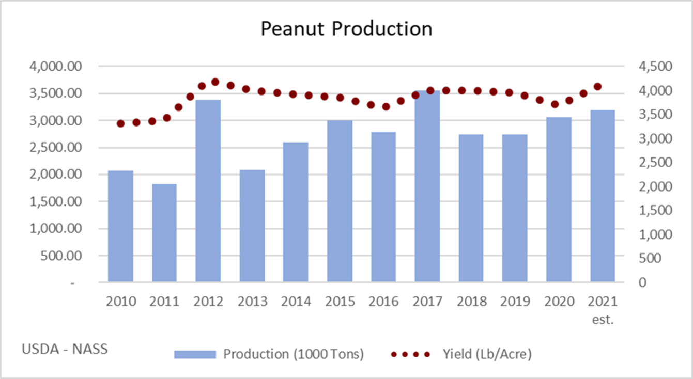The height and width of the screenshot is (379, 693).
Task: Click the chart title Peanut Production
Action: (x=346, y=29)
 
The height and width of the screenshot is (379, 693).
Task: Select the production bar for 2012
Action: (x=208, y=191)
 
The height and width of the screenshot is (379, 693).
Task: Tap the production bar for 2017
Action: (x=427, y=186)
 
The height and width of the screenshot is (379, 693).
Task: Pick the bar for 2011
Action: (x=164, y=233)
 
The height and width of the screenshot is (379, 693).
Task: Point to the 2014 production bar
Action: (x=296, y=212)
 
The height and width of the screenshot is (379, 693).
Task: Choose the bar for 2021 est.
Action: (x=603, y=196)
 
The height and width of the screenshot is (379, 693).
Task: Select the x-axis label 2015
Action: (x=340, y=301)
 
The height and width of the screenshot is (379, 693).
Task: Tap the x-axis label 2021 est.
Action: (x=603, y=308)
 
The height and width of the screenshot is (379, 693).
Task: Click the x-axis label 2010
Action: (x=121, y=301)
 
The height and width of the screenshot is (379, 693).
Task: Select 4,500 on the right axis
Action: (x=642, y=67)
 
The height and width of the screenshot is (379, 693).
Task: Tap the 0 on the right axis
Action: (x=628, y=282)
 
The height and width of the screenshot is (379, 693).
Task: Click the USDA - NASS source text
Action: (x=65, y=349)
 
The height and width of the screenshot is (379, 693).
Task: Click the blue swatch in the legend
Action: (x=194, y=354)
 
